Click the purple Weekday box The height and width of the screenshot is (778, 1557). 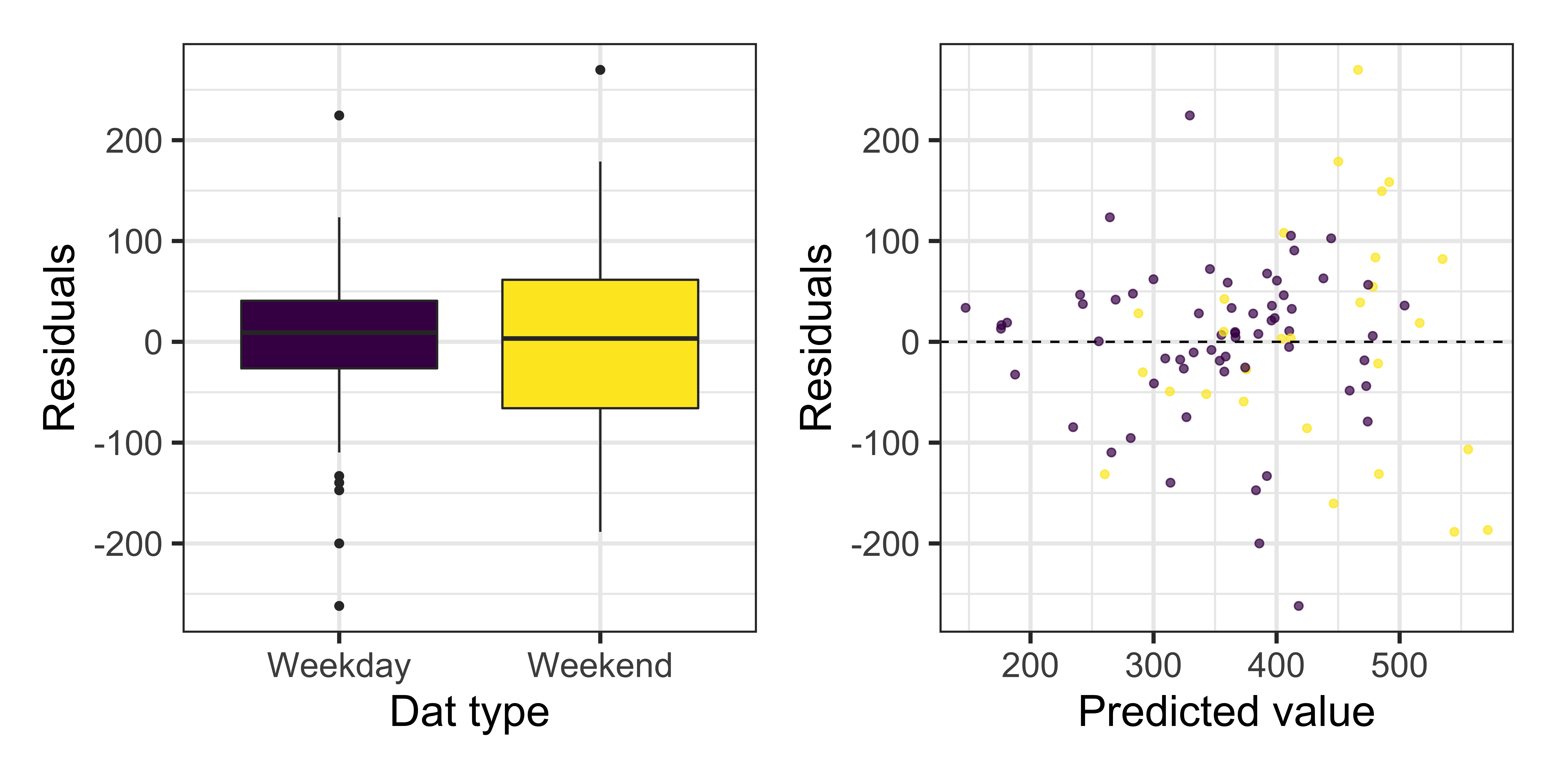tap(339, 334)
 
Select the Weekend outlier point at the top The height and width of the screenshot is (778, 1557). tap(600, 70)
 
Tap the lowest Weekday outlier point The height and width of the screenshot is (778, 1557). tap(339, 606)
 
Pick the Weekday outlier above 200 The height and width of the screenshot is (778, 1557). tap(339, 115)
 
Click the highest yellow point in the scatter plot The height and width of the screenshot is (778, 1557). tap(1358, 70)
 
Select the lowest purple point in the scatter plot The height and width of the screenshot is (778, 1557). tap(1298, 606)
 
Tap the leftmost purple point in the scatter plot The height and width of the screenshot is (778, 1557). tap(965, 308)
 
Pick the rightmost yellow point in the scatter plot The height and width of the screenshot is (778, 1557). tap(1487, 530)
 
